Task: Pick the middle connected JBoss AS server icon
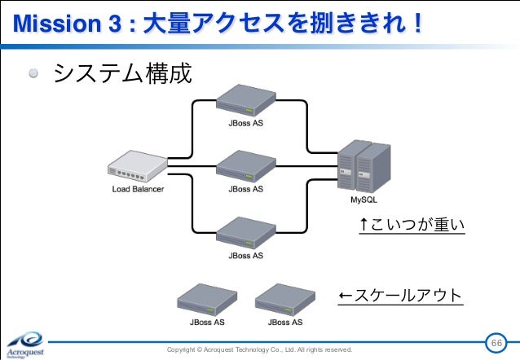[245, 166]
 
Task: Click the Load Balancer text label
[138, 190]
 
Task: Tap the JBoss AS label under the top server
[245, 124]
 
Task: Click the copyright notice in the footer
[259, 349]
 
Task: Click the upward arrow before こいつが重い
[364, 224]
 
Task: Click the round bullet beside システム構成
[34, 75]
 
